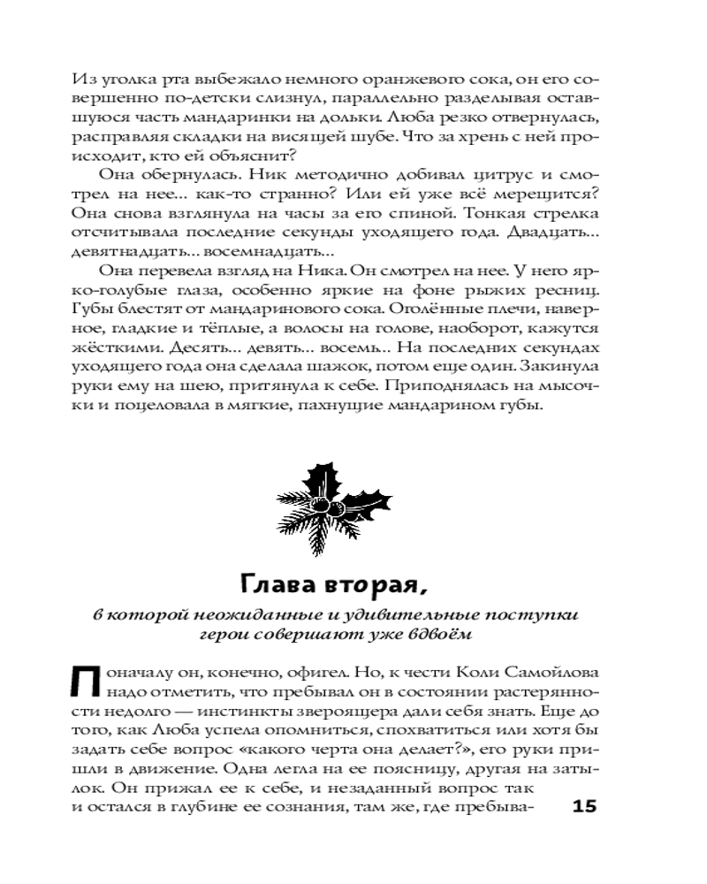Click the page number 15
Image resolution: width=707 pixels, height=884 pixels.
pos(585,806)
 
